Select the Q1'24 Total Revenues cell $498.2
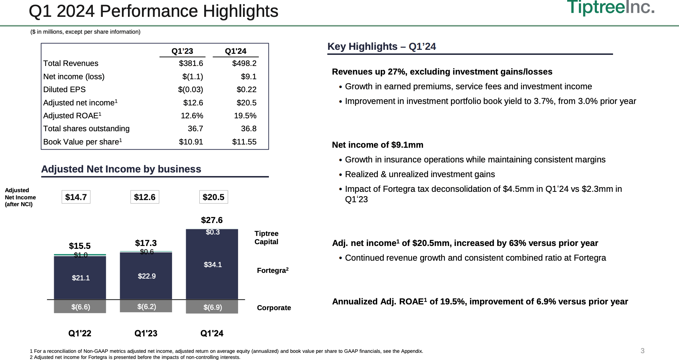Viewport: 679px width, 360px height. tap(244, 63)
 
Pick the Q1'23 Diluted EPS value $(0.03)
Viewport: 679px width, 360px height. tap(190, 90)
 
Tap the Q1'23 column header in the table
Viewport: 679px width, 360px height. tap(182, 51)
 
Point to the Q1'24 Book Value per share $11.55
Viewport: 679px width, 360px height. tap(244, 142)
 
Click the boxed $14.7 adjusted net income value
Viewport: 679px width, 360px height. tap(76, 197)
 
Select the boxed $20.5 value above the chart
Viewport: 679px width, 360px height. tap(213, 197)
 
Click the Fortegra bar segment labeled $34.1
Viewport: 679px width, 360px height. tap(213, 265)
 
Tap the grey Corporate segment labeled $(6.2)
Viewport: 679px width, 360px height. tap(146, 307)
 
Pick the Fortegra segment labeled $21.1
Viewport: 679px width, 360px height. tap(81, 278)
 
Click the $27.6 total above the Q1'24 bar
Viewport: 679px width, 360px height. tap(212, 220)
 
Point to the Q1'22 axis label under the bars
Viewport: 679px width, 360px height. tap(80, 333)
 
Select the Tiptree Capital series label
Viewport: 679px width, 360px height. tap(266, 238)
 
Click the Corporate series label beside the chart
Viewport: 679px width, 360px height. tap(274, 308)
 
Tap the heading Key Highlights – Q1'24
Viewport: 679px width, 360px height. tap(381, 47)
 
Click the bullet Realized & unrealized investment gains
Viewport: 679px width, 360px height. tap(419, 174)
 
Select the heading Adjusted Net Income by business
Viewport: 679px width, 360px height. tap(121, 169)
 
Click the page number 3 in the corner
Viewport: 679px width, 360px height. tap(642, 351)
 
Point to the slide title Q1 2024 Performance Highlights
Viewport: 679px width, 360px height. tap(153, 11)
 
